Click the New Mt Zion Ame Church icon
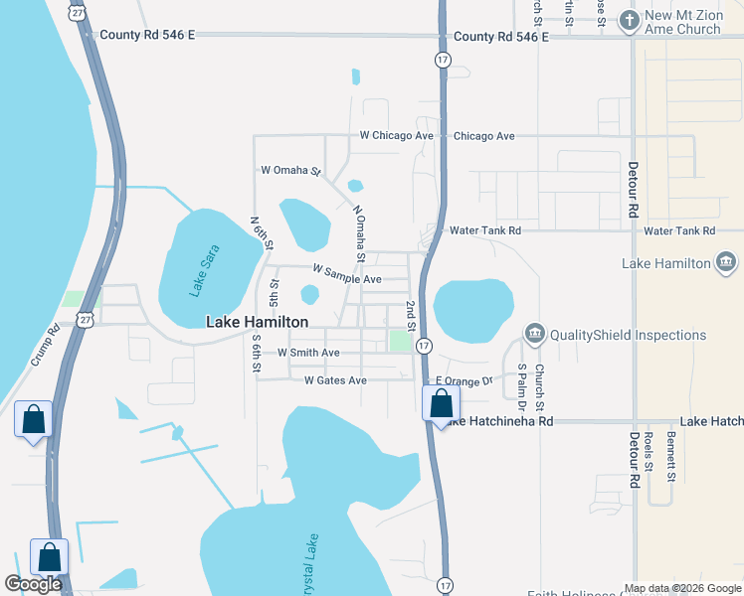click(628, 19)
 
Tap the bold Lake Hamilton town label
click(257, 322)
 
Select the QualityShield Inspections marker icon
click(535, 333)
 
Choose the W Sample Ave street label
click(346, 274)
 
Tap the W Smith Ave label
click(308, 353)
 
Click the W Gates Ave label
click(335, 380)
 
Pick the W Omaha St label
click(289, 171)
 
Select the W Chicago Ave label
click(397, 135)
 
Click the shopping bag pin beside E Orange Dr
click(441, 403)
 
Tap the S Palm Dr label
click(521, 387)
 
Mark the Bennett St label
click(671, 450)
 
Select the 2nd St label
click(409, 313)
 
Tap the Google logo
click(33, 584)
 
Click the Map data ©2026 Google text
click(682, 588)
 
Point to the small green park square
click(400, 341)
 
